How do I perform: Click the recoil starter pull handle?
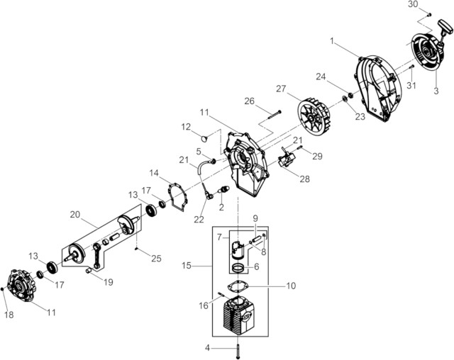point(445,27)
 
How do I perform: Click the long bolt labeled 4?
point(238,349)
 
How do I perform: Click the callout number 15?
point(187,266)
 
